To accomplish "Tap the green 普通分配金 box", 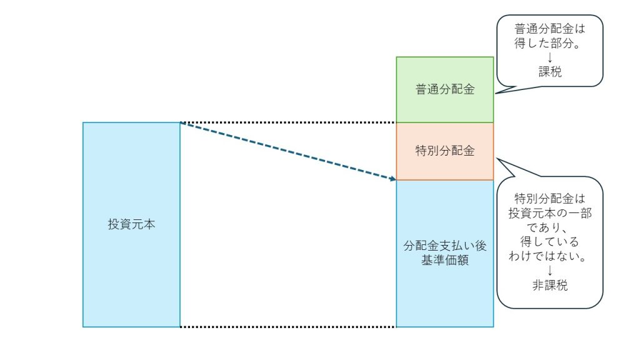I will pyautogui.click(x=444, y=89).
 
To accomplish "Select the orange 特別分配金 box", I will pyautogui.click(x=444, y=151).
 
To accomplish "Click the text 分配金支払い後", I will pyautogui.click(x=444, y=246).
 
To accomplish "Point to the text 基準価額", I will pyautogui.click(x=444, y=261).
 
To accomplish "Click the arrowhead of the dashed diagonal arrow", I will pyautogui.click(x=393, y=179).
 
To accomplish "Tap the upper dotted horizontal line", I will pyautogui.click(x=287, y=122).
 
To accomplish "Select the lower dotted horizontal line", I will pyautogui.click(x=287, y=327).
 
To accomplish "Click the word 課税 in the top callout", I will pyautogui.click(x=550, y=72).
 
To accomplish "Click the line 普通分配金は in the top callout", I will pyautogui.click(x=550, y=29).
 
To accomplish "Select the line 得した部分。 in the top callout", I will pyautogui.click(x=550, y=44).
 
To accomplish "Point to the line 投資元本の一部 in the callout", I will pyautogui.click(x=550, y=213).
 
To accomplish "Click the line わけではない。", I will pyautogui.click(x=550, y=256).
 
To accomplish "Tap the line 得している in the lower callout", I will pyautogui.click(x=550, y=242).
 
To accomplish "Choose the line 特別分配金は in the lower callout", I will pyautogui.click(x=550, y=199).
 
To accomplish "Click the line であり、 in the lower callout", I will pyautogui.click(x=550, y=227).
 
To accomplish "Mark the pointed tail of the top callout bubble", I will pyautogui.click(x=497, y=93).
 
